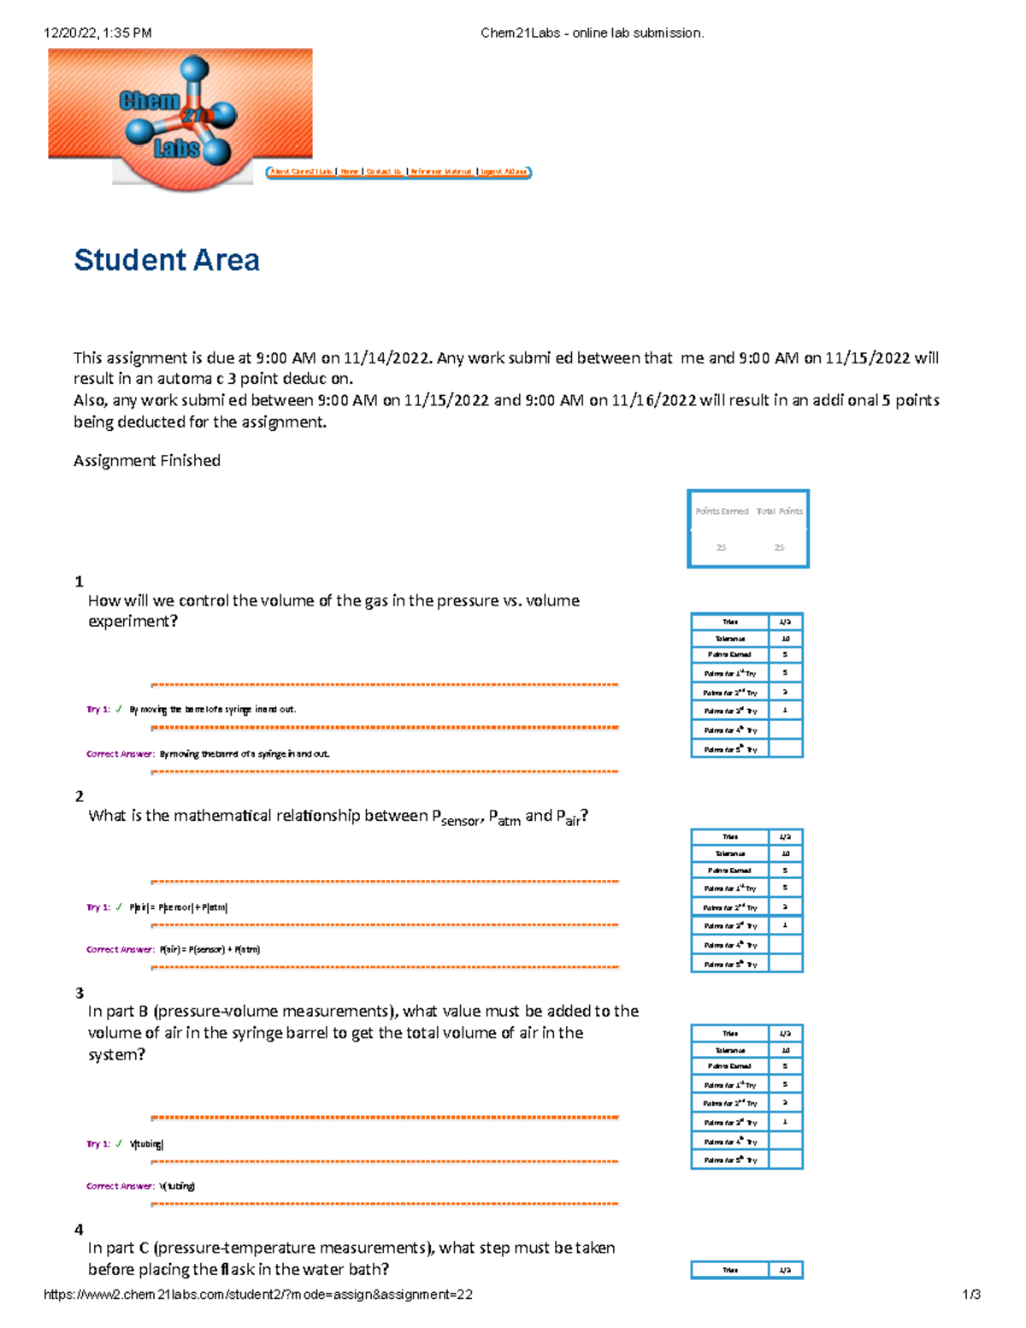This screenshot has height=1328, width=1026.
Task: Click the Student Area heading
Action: tap(167, 260)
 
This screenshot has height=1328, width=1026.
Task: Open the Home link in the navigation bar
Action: tap(350, 172)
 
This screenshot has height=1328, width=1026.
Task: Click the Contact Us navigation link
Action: tap(384, 172)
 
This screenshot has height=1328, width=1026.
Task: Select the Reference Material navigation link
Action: tap(441, 172)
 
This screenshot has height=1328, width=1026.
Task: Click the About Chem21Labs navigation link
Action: tap(302, 172)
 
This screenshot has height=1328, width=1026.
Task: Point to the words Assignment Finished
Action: tap(147, 461)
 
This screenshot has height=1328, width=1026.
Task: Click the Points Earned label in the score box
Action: tap(722, 511)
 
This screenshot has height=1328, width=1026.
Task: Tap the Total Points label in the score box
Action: tap(779, 511)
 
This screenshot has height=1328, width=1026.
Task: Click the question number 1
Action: tap(80, 581)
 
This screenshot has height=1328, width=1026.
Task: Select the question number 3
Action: tap(80, 993)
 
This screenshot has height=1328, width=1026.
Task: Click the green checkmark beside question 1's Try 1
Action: tap(119, 709)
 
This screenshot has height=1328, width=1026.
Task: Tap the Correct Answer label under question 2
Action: tap(121, 949)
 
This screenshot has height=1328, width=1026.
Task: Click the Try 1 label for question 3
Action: tap(98, 1143)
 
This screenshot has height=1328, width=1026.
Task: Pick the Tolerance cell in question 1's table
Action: tap(729, 639)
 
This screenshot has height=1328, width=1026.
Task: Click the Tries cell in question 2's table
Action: tap(729, 836)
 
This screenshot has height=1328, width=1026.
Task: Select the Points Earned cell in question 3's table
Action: tap(729, 1066)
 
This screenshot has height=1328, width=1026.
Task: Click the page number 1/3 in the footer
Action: tap(971, 1295)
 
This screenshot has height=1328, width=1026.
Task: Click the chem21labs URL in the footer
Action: tap(257, 1295)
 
